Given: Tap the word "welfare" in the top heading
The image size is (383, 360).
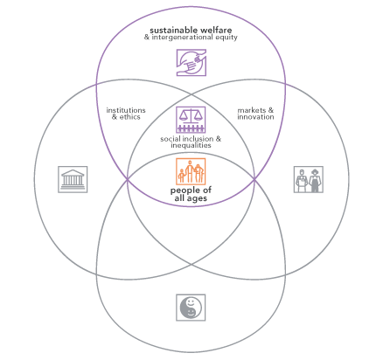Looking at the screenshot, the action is (216, 30).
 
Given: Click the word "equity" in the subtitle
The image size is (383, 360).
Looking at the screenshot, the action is (226, 38).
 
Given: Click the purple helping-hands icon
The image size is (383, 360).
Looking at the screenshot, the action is (191, 63).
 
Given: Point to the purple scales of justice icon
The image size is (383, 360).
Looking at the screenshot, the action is (191, 120).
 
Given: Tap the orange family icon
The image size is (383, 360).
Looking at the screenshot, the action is (191, 171).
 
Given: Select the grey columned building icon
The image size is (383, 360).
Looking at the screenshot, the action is (73, 179).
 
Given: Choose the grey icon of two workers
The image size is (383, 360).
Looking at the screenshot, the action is (309, 179).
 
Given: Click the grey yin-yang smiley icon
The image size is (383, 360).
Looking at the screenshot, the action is (191, 308).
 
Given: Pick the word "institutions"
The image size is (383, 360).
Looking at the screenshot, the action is (126, 110).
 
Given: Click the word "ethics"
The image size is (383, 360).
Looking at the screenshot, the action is (130, 117).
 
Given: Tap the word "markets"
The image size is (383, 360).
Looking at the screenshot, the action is (252, 110).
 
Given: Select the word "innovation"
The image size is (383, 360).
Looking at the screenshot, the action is (255, 117).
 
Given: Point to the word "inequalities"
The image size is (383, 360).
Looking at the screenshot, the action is (191, 145).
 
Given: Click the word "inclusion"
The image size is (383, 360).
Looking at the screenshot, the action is (197, 139).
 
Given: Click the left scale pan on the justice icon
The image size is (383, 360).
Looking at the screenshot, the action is (184, 117).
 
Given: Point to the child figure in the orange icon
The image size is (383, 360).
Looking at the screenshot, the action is (182, 176).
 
